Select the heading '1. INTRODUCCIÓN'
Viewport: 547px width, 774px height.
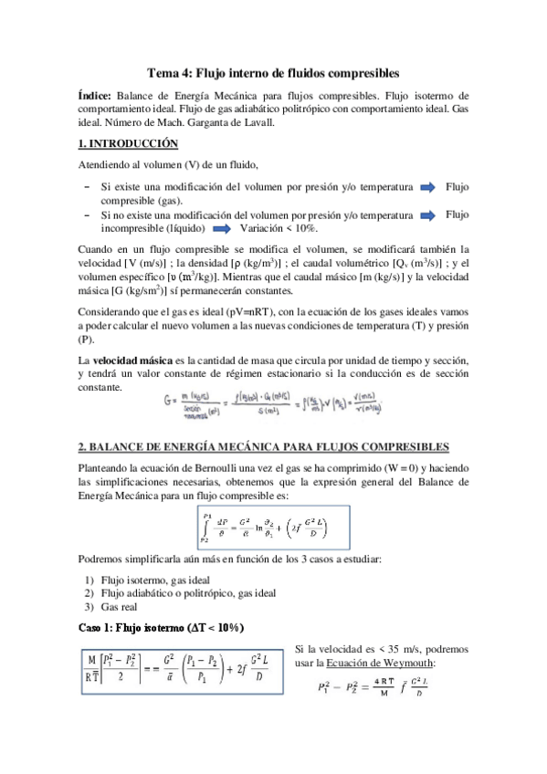click(127, 143)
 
